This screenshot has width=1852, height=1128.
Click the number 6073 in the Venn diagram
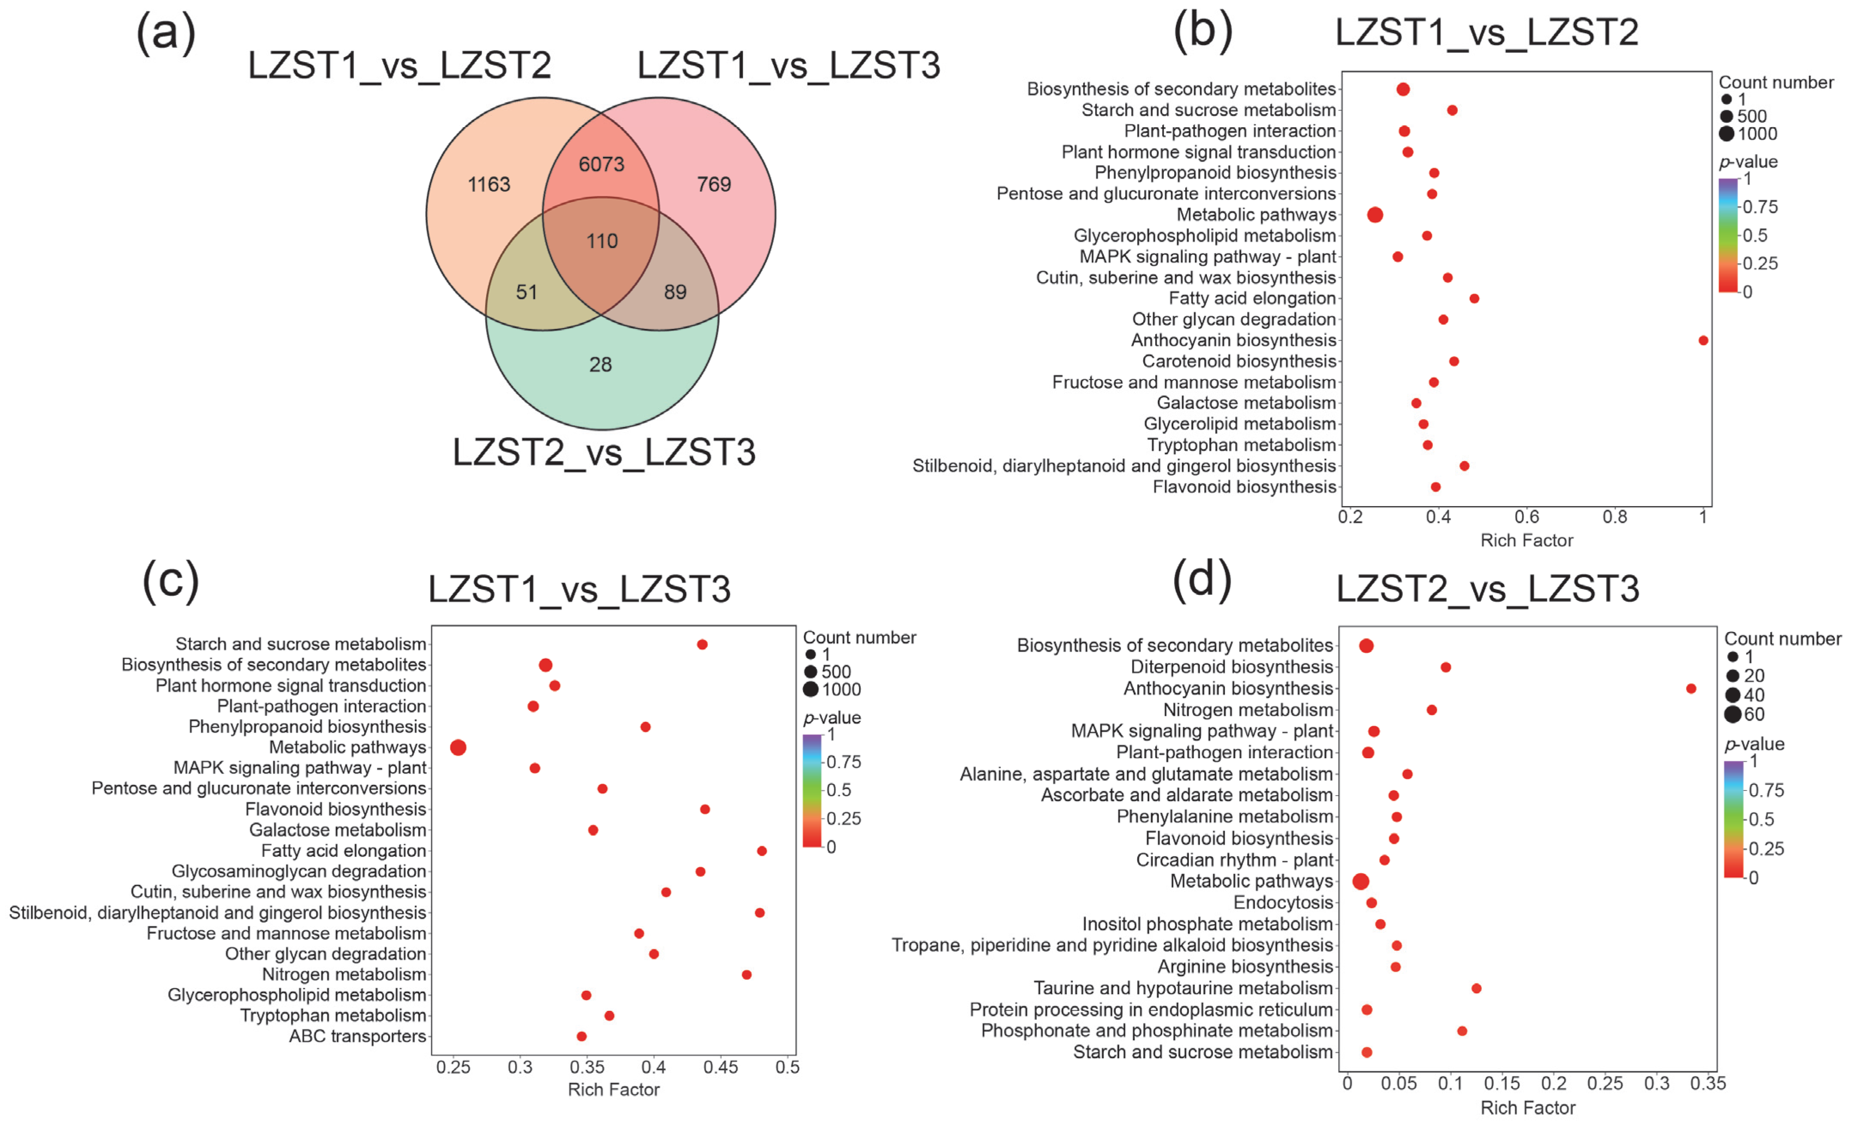click(x=601, y=164)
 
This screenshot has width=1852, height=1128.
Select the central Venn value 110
click(x=602, y=241)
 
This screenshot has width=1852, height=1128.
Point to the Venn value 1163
click(x=489, y=184)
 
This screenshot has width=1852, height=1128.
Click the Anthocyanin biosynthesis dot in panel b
click(x=1703, y=341)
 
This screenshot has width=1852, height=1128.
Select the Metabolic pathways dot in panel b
click(x=1375, y=215)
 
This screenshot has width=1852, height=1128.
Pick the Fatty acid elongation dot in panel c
click(x=761, y=851)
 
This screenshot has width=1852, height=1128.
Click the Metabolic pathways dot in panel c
click(x=458, y=747)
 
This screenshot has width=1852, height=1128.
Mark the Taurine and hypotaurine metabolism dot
click(x=1476, y=988)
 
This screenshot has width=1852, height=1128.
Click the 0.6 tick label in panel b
click(x=1526, y=517)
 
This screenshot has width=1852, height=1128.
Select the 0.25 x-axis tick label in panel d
click(x=1605, y=1084)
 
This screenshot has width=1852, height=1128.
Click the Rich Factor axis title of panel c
click(x=613, y=1090)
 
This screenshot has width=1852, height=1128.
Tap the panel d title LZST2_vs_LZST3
click(x=1487, y=588)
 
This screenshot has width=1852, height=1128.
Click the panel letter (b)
click(x=1202, y=32)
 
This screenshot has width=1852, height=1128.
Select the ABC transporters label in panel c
click(x=358, y=1036)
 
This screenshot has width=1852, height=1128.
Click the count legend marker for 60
click(x=1732, y=714)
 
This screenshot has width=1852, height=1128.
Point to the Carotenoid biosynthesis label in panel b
click(x=1239, y=362)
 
